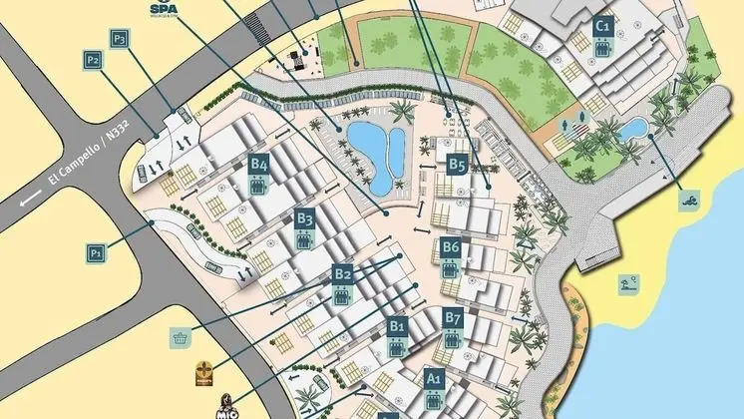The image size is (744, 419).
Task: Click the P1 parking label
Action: (96, 253)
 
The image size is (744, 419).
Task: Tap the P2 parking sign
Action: (94, 61)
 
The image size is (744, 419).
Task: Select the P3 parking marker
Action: (120, 39)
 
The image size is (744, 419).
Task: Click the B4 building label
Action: (259, 165)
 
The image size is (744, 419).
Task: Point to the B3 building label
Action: (304, 219)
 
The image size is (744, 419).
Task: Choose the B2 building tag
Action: (343, 273)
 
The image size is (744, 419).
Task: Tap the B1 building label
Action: (397, 325)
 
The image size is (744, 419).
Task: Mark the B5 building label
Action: (457, 165)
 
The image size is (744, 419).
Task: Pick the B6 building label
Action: (451, 246)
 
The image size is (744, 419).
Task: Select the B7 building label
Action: (454, 318)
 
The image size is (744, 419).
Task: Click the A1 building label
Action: (433, 378)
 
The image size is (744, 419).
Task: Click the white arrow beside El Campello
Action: (30, 200)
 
